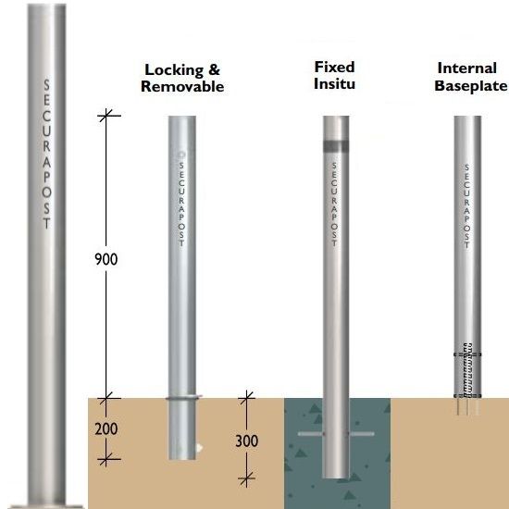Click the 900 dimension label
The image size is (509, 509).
[106, 259]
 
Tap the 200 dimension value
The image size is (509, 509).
[106, 428]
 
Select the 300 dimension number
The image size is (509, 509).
[247, 441]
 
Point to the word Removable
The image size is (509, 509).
[182, 86]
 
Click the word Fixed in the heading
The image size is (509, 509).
[335, 68]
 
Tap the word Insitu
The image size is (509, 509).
[334, 83]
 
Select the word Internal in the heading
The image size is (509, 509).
[467, 68]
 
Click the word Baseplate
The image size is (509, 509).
[471, 86]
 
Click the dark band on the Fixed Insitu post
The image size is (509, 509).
[336, 146]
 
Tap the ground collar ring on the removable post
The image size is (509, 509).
[183, 397]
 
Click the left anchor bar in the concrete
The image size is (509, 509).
[311, 434]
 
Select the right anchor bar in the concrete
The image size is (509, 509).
[361, 434]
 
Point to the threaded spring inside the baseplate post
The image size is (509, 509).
[467, 370]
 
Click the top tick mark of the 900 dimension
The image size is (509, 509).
[106, 116]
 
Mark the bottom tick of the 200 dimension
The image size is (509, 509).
[106, 459]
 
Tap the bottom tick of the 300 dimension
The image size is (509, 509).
[247, 478]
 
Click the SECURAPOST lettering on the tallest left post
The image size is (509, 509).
[47, 154]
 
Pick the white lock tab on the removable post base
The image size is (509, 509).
[199, 448]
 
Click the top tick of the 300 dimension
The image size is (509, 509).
[247, 397]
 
